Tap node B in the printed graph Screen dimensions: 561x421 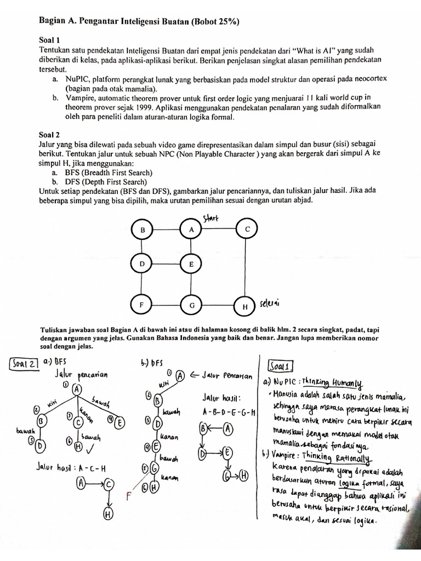click(143, 231)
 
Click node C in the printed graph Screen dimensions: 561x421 click(247, 229)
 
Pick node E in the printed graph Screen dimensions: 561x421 click(191, 264)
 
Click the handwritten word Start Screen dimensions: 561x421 click(210, 219)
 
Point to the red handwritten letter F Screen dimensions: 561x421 click(129, 496)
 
